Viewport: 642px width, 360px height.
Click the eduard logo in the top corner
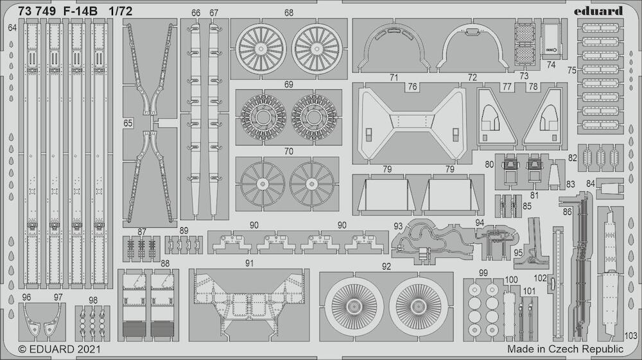pyautogui.click(x=598, y=11)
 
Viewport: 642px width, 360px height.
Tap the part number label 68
pyautogui.click(x=289, y=13)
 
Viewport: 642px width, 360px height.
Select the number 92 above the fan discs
pyautogui.click(x=386, y=267)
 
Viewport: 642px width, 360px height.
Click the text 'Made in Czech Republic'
pyautogui.click(x=565, y=349)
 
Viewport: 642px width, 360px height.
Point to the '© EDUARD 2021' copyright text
pyautogui.click(x=59, y=349)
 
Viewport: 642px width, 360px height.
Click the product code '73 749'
pyautogui.click(x=37, y=12)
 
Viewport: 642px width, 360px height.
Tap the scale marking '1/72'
pyautogui.click(x=121, y=12)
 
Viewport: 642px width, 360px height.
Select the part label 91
pyautogui.click(x=250, y=264)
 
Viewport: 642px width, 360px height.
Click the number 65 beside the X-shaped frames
pyautogui.click(x=128, y=123)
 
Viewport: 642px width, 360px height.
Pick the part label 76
pyautogui.click(x=412, y=87)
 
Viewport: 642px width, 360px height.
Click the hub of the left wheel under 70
pyautogui.click(x=262, y=184)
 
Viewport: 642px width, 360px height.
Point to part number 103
pyautogui.click(x=631, y=336)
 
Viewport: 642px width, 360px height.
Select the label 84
pyautogui.click(x=590, y=184)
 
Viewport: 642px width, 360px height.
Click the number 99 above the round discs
pyautogui.click(x=483, y=273)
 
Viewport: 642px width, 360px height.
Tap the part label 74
pyautogui.click(x=551, y=65)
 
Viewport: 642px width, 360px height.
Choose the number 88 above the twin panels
pyautogui.click(x=165, y=264)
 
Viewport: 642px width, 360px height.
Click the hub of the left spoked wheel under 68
pyautogui.click(x=261, y=49)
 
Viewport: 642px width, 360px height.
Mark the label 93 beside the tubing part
pyautogui.click(x=398, y=227)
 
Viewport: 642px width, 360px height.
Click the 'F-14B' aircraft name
pyautogui.click(x=81, y=12)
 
